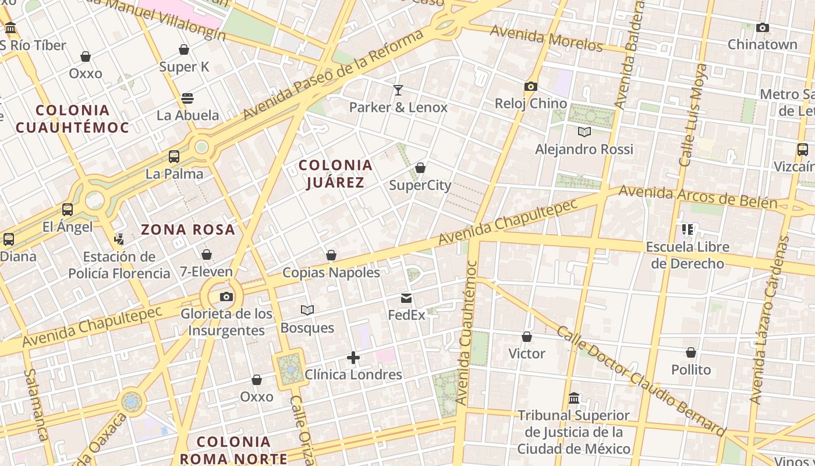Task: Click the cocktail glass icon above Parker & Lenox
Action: (x=398, y=90)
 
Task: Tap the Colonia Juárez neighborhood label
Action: (x=335, y=174)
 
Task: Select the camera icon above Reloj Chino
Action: (x=530, y=87)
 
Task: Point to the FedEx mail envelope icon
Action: (x=406, y=299)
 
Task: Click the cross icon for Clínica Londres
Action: (x=353, y=358)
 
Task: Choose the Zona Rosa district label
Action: (x=188, y=230)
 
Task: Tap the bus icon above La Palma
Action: (x=174, y=157)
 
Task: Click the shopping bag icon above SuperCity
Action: (x=420, y=168)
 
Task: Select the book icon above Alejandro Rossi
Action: (x=584, y=132)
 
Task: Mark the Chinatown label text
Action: (x=762, y=44)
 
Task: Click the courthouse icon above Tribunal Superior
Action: (x=574, y=398)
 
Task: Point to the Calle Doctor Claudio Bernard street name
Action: (x=641, y=380)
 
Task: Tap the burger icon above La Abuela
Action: (x=187, y=98)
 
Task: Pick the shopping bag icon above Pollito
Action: (x=691, y=352)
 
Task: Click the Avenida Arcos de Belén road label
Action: (x=697, y=197)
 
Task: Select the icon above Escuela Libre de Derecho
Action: (x=688, y=230)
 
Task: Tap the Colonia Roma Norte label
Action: (x=233, y=450)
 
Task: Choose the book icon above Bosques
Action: (x=307, y=310)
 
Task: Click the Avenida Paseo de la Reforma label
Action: (x=333, y=74)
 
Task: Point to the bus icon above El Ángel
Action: (x=68, y=210)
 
